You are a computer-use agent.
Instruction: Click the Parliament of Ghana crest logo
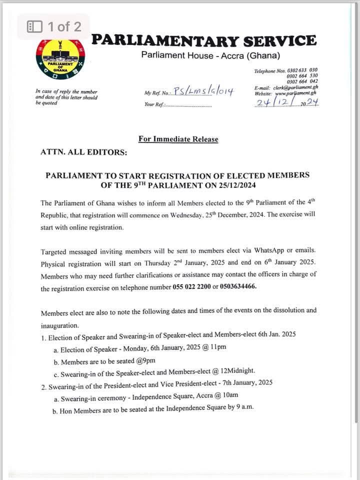tap(60, 59)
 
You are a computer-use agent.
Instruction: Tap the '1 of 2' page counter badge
tap(53, 26)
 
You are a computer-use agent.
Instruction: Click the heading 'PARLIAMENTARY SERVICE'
tap(204, 40)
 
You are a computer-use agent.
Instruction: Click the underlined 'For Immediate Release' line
tap(178, 139)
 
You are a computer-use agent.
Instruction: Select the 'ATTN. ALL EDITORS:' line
tap(83, 152)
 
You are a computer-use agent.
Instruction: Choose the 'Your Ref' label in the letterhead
tap(153, 105)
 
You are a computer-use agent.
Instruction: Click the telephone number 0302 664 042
tap(302, 81)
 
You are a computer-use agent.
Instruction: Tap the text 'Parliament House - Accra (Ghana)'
tap(210, 55)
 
